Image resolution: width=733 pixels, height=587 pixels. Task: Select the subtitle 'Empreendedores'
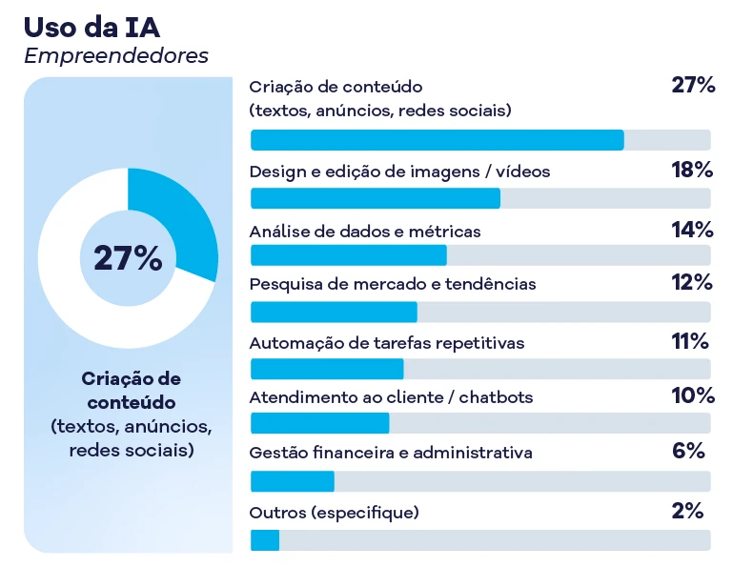[x=115, y=56]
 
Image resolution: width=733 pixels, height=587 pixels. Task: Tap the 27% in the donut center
[x=128, y=258]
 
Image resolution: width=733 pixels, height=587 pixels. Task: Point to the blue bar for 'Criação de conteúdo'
[x=437, y=140]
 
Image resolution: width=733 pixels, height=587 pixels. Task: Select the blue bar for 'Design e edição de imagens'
[x=375, y=198]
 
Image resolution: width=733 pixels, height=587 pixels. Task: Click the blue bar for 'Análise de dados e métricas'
[x=348, y=255]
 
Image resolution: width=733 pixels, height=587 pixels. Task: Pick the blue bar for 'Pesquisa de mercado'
[x=334, y=312]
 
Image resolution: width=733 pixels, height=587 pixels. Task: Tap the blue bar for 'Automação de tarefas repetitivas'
[x=327, y=369]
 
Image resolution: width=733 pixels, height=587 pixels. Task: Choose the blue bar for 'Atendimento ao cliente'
[x=319, y=424]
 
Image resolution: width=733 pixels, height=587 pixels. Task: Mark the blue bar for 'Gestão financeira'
[x=292, y=481]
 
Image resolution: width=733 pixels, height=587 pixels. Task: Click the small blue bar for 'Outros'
[x=265, y=540]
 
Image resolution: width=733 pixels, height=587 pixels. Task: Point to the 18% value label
[x=692, y=172]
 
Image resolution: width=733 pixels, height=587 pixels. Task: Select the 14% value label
[x=692, y=230]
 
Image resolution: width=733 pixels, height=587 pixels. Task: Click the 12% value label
[x=692, y=283]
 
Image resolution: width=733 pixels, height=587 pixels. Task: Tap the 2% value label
[x=686, y=511]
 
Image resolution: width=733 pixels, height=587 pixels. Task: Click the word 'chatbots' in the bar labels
[x=496, y=396]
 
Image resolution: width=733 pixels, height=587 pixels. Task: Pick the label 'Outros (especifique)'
[x=334, y=513]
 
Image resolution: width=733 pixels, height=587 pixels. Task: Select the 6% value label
[x=687, y=452]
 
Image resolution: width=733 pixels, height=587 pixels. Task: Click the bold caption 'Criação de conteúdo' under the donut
[x=131, y=391]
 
